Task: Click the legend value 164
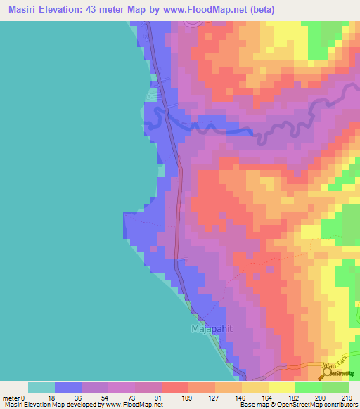(266, 398)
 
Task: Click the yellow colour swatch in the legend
(281, 387)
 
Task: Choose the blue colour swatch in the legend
(68, 387)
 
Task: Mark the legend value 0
(25, 398)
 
